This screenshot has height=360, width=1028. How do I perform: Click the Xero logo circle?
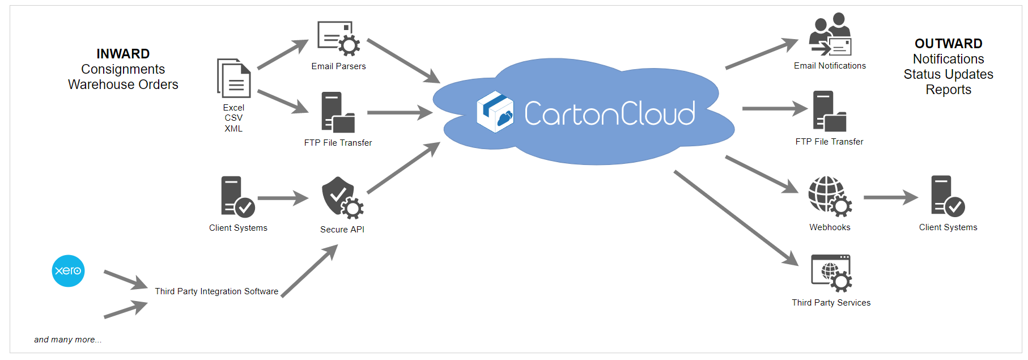[68, 270]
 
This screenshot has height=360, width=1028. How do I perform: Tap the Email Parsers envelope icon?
[338, 39]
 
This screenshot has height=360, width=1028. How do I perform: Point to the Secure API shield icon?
[342, 197]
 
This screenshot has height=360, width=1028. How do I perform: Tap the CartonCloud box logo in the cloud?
[495, 112]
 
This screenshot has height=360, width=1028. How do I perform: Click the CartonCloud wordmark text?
[609, 113]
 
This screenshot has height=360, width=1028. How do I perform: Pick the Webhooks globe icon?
[830, 196]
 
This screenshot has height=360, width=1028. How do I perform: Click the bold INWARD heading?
[123, 54]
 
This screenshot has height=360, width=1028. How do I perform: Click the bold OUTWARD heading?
[948, 44]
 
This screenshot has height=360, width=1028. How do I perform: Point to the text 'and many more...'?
[67, 340]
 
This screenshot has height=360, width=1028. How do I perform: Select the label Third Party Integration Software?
[216, 291]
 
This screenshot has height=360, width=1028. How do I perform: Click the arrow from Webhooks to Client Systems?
[890, 197]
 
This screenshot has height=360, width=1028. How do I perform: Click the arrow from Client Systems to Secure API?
[283, 198]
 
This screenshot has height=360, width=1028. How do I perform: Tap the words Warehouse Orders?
[123, 84]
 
